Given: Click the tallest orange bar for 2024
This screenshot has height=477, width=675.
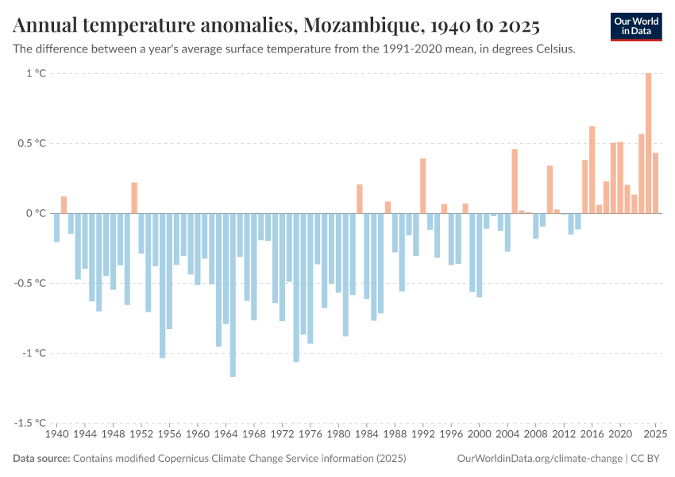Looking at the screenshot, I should click(648, 143).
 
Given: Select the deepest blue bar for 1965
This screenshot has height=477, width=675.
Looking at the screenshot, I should click(233, 294).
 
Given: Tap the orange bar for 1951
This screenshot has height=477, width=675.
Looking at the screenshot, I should click(134, 198).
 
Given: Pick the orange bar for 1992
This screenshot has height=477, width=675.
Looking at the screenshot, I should click(423, 186).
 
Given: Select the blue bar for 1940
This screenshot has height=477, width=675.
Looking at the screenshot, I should click(57, 227).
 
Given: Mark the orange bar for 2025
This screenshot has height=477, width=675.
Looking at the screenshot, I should click(655, 183).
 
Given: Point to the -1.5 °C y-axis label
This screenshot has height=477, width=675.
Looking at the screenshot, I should click(33, 423).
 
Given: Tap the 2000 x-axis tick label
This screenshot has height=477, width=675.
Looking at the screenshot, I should click(479, 435).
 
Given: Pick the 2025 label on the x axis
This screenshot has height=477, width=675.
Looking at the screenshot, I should click(654, 435).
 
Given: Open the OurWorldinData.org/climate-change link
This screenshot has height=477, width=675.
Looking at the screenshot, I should click(540, 459).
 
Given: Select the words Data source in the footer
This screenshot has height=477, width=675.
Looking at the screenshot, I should click(41, 459).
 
